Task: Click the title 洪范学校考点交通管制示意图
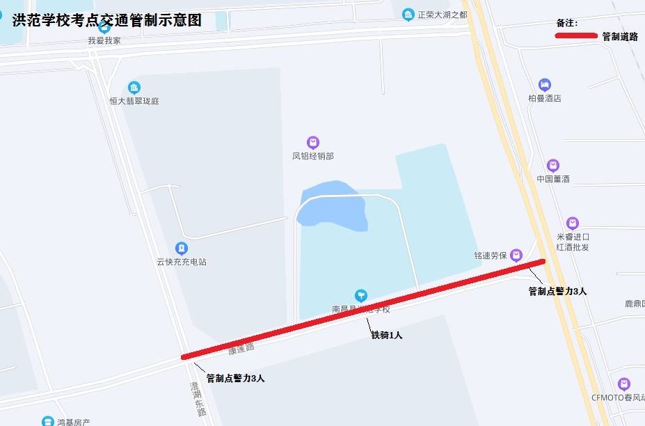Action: coord(106,20)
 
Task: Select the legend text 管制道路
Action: coord(619,37)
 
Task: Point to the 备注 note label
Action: coord(567,23)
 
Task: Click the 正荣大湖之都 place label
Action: coord(442,15)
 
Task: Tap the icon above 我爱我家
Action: coord(104,27)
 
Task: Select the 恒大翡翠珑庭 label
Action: coord(134,101)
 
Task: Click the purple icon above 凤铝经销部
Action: coord(313,143)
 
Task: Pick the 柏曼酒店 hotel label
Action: coord(544,98)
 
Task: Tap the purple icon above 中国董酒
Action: coord(553,166)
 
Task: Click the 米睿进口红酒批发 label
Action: coord(573,242)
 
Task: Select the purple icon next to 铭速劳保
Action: coord(516,255)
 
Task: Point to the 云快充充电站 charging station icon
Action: coord(181,248)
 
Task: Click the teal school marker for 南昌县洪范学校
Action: coord(360,295)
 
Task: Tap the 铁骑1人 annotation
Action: coord(386,336)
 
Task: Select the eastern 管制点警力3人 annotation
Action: coord(557,292)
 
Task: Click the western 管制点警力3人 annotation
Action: coord(235,379)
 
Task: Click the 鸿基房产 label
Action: coord(74,422)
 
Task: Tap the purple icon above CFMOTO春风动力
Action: coord(623,384)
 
